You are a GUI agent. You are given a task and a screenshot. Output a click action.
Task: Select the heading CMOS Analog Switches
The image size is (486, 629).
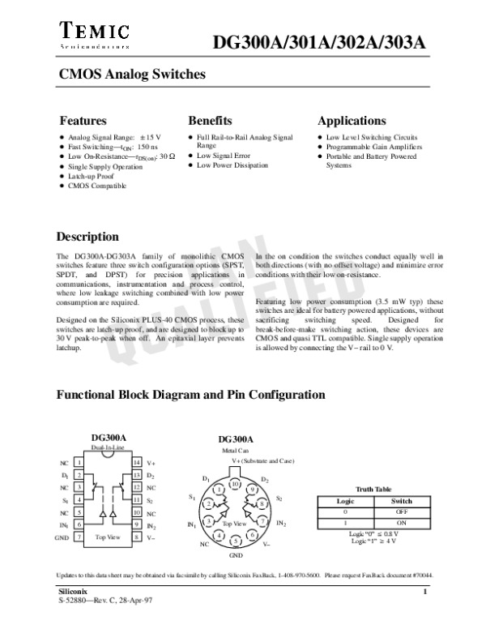(130, 75)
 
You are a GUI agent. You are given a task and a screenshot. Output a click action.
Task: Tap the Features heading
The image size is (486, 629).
(83, 121)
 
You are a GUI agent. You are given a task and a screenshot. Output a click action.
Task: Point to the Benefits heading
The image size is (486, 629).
(210, 121)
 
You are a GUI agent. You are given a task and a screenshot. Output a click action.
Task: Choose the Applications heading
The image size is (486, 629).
(352, 121)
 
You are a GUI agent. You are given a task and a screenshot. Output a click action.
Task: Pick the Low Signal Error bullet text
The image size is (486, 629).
(220, 155)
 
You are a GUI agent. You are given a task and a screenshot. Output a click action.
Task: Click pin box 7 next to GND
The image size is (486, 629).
(79, 537)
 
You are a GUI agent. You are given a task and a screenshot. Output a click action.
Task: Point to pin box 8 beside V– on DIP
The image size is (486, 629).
(137, 537)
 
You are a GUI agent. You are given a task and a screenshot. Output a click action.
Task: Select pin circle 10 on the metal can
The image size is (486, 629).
(235, 484)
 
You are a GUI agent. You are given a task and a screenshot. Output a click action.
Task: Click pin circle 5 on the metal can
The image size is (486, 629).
(235, 540)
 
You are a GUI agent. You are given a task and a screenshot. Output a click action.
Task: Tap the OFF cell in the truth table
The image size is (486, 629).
(401, 511)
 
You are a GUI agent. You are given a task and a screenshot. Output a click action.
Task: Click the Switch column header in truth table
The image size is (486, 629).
(401, 501)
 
